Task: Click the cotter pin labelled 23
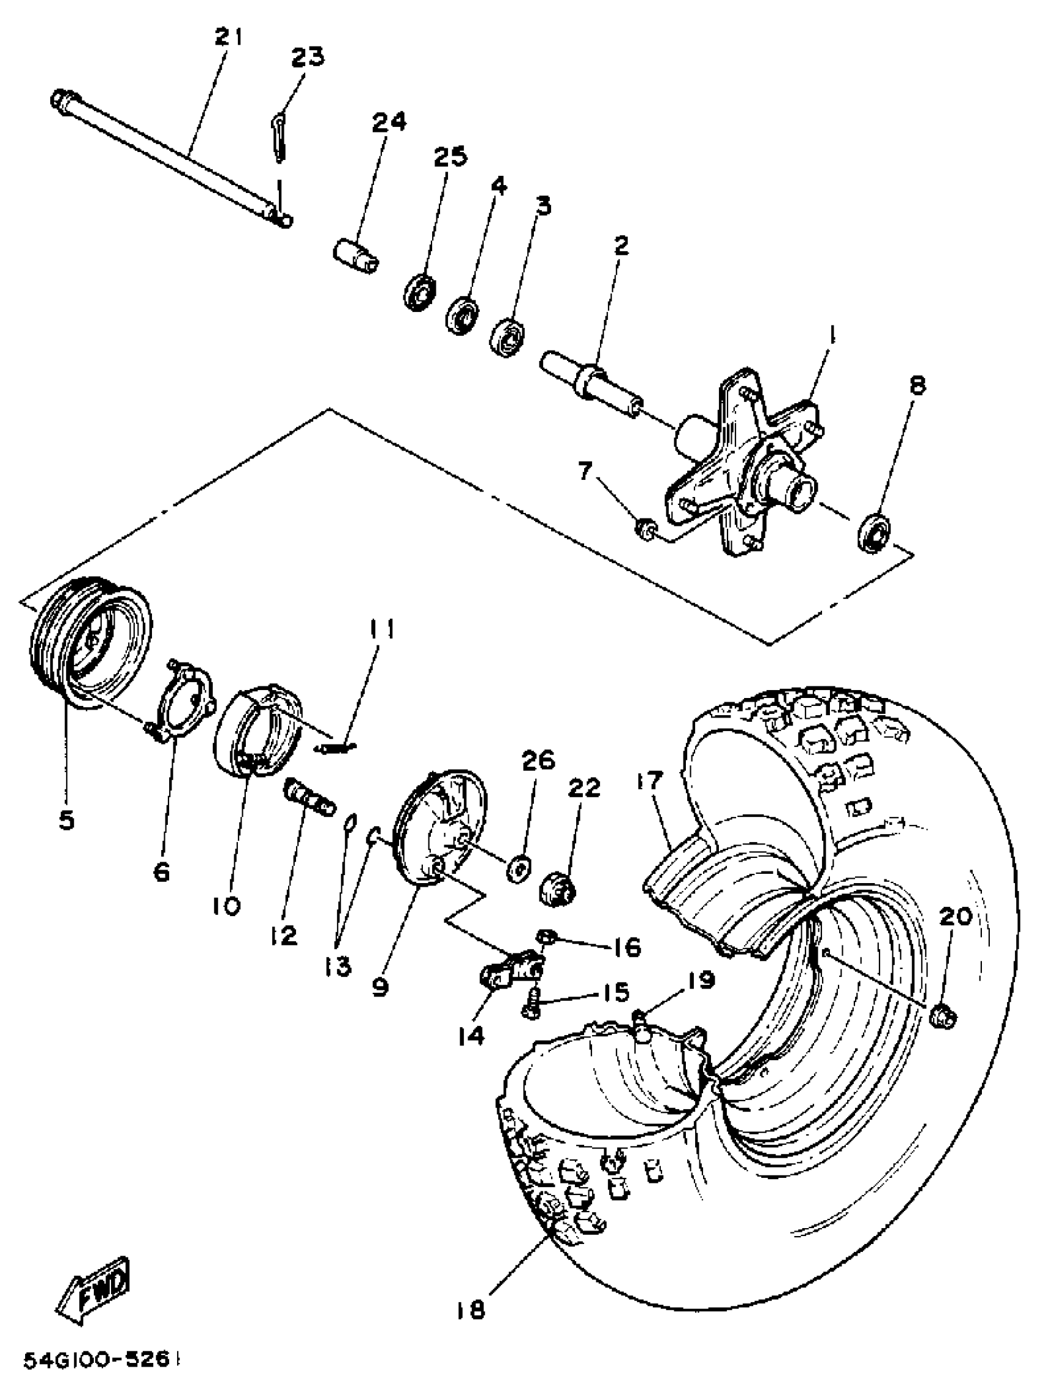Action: click(279, 137)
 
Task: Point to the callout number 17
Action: click(650, 781)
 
